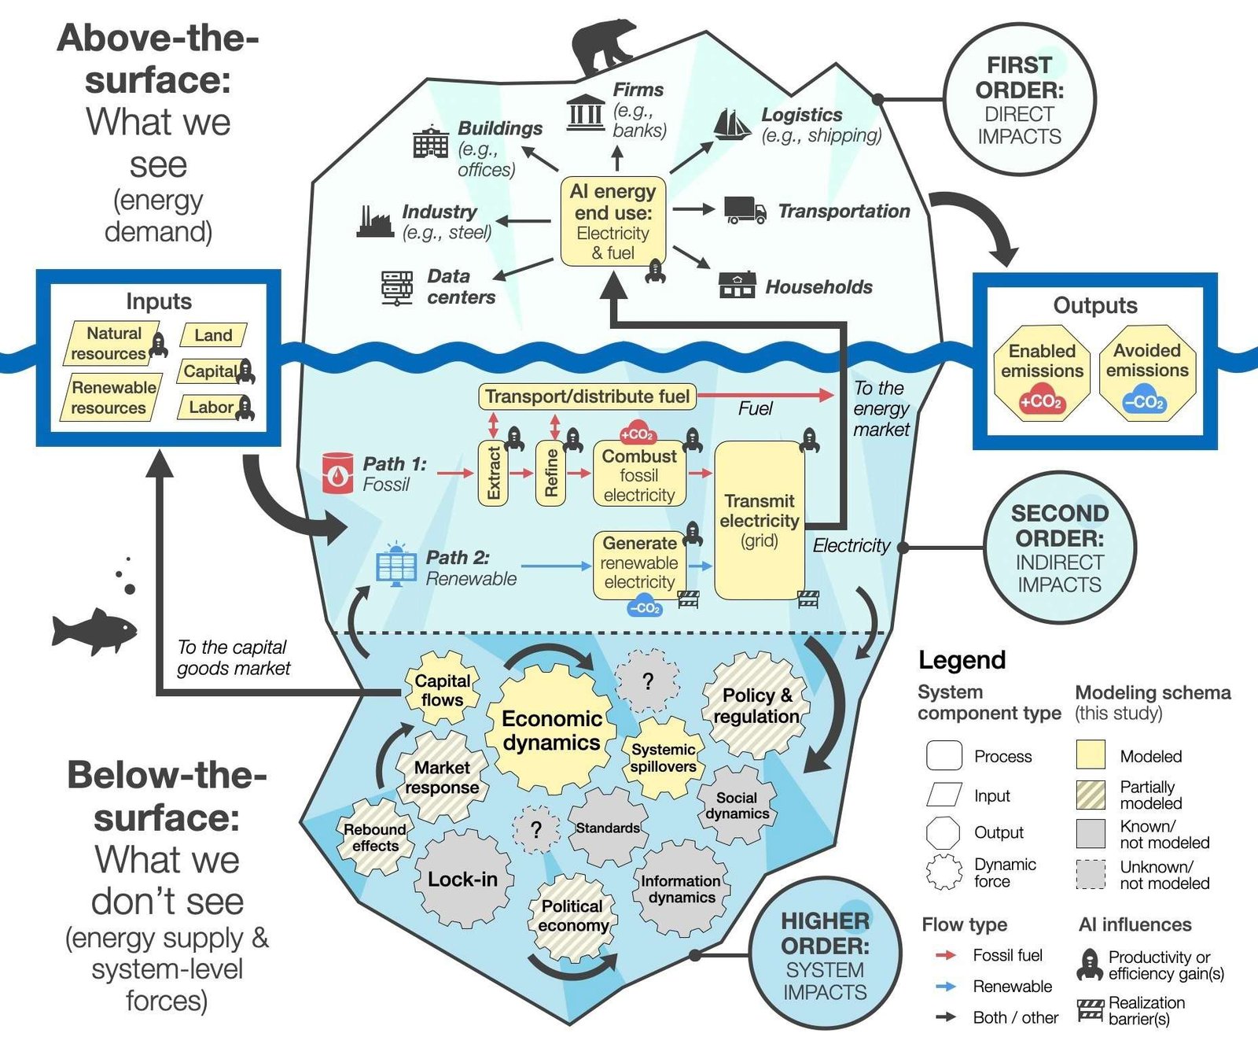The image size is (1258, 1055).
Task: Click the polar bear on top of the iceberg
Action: [603, 47]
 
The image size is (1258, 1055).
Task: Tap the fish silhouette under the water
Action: [94, 631]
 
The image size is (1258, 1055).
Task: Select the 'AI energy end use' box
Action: [613, 221]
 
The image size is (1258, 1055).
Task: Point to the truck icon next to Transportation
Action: [745, 210]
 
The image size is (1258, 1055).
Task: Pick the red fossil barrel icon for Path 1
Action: [338, 473]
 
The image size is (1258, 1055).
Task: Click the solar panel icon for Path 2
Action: [396, 566]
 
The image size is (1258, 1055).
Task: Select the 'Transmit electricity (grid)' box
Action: [759, 520]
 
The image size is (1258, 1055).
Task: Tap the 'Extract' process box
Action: [493, 473]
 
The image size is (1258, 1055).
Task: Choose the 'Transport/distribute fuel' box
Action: [587, 397]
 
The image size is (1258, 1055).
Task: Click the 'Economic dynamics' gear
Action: [551, 730]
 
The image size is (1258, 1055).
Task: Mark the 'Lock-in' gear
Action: [463, 880]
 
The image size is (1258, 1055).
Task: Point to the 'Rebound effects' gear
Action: [375, 838]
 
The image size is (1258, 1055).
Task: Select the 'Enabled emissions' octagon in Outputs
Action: [1042, 373]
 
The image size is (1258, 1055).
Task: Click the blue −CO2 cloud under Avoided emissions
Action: [1144, 401]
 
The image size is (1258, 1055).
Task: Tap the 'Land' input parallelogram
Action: [213, 335]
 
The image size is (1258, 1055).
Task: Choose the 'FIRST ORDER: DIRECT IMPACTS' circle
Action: [1020, 100]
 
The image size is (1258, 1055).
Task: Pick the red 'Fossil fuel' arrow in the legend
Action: [946, 955]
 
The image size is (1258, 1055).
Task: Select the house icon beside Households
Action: [737, 285]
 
